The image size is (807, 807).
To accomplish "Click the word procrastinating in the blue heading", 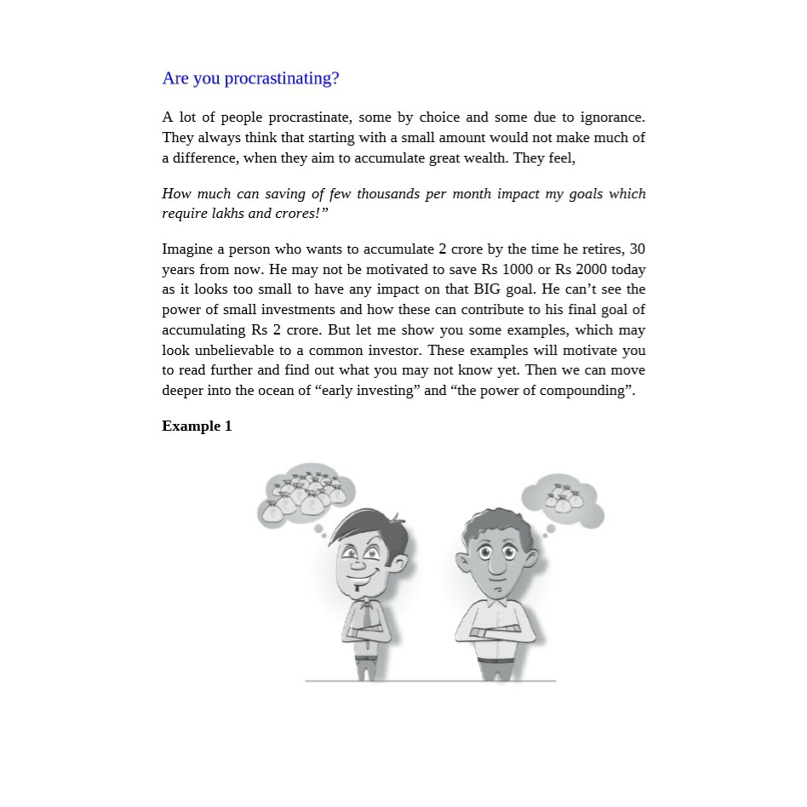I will (281, 78).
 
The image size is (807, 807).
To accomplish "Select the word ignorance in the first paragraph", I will (613, 117).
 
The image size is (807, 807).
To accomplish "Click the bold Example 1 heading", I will (197, 426).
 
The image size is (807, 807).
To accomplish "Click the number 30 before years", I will (637, 249).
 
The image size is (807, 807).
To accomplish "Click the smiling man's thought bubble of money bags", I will (304, 496).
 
